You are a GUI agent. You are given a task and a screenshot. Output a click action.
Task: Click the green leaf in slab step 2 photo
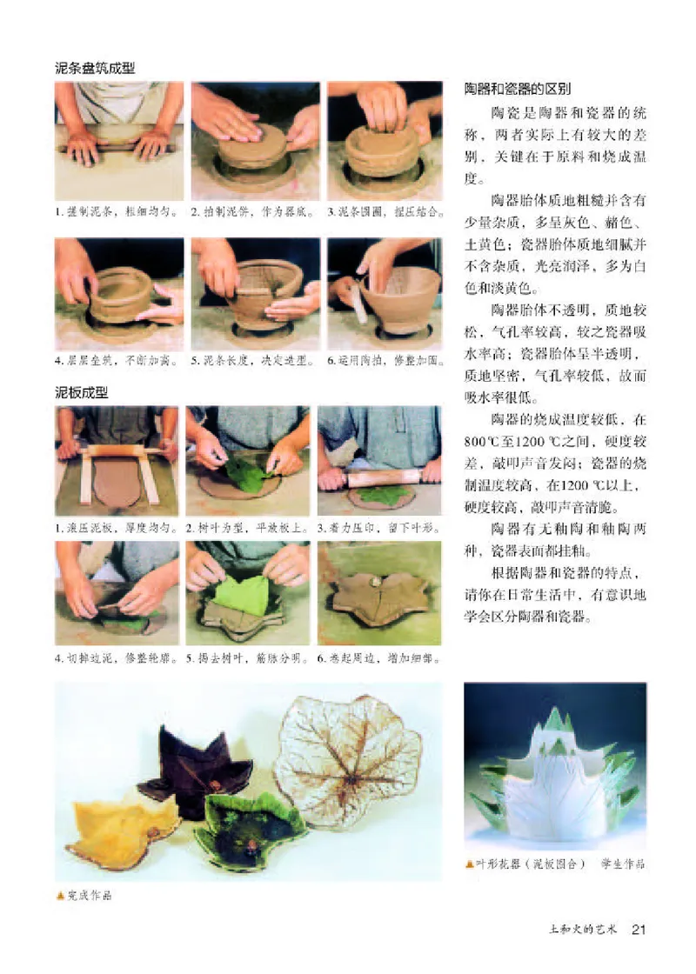tap(245, 474)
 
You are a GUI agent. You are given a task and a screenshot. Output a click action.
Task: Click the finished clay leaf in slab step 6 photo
tap(379, 599)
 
